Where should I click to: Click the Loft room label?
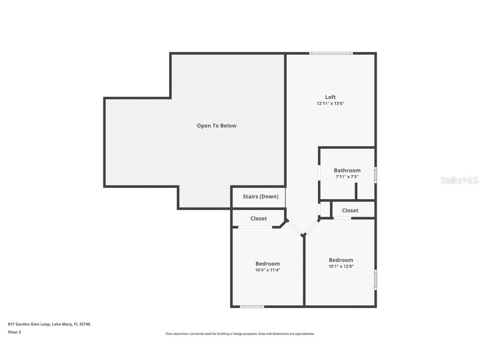[x=330, y=97]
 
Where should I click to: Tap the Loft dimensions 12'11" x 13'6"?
[x=330, y=103]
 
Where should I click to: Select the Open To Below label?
[x=216, y=125]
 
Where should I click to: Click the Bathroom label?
[x=347, y=170]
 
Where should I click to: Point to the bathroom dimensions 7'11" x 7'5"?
[x=347, y=177]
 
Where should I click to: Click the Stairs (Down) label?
[x=260, y=197]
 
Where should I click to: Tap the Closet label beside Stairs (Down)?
[x=259, y=218]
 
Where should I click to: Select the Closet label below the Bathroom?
[x=350, y=210]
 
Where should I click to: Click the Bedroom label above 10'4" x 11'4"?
[x=267, y=264]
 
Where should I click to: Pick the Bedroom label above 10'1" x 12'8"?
[x=341, y=260]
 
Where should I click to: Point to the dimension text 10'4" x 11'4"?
[x=267, y=270]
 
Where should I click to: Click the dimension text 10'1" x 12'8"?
[x=341, y=266]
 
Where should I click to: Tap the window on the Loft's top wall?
[x=331, y=53]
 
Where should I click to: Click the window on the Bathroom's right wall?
[x=375, y=175]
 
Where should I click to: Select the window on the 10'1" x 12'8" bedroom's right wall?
[x=375, y=280]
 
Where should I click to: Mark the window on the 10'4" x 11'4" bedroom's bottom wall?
[x=252, y=306]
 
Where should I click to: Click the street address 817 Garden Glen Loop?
[x=49, y=324]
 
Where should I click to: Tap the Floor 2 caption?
[x=15, y=332]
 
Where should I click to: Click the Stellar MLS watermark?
[x=459, y=180]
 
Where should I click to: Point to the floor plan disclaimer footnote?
[x=240, y=334]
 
